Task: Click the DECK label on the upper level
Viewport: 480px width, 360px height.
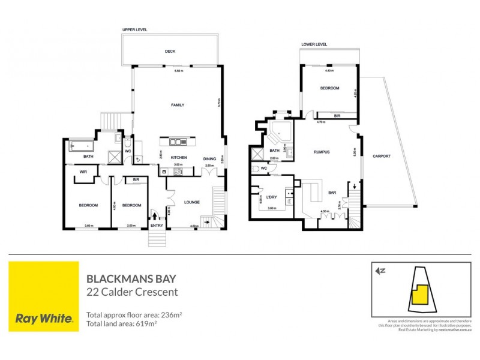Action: (170, 51)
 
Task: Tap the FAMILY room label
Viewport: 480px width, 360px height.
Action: (178, 105)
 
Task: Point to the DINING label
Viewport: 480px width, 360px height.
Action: (209, 158)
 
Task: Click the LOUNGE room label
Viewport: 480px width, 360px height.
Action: (192, 202)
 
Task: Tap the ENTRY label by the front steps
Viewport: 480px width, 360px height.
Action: (157, 225)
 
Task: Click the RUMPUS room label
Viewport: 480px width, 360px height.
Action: (322, 152)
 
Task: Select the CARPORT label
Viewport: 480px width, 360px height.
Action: (382, 156)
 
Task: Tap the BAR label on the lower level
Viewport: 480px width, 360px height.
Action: (332, 193)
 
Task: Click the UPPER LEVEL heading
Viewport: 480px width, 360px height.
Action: (134, 29)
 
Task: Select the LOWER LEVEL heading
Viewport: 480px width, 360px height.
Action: (314, 44)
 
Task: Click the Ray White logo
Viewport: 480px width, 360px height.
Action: (44, 296)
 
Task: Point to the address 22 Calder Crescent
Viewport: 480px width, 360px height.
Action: (132, 292)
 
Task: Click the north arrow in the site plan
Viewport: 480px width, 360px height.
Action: (379, 271)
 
